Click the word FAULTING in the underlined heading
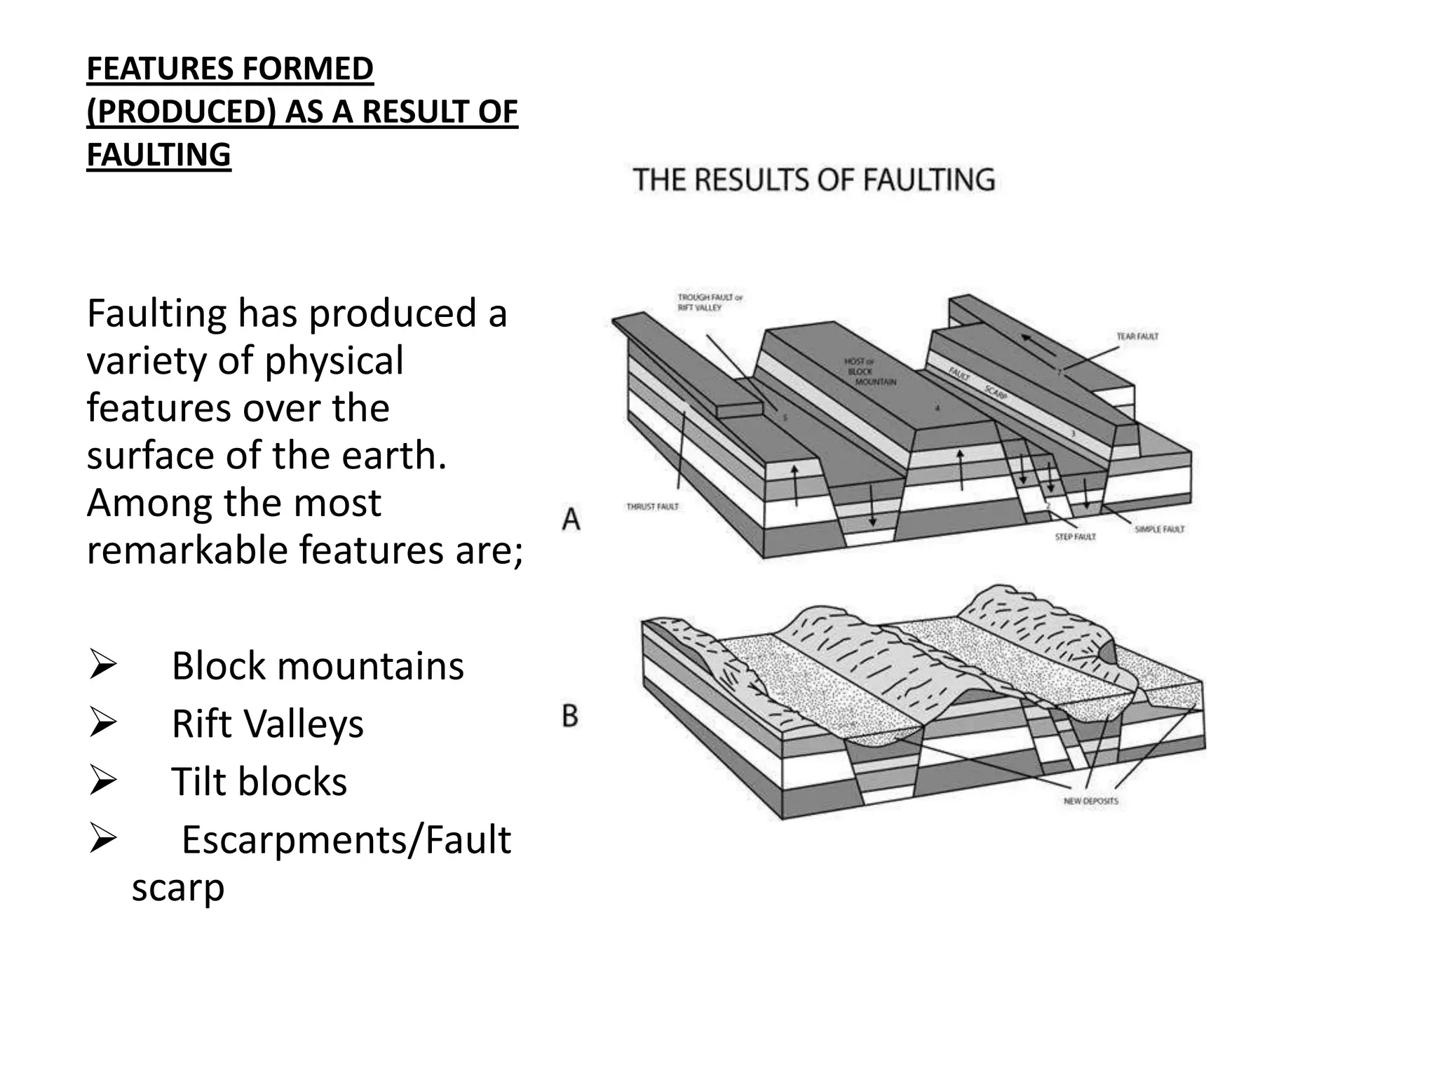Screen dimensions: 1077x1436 (x=158, y=155)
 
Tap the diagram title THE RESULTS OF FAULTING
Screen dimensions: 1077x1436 (x=813, y=179)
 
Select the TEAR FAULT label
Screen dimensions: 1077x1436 (x=1137, y=337)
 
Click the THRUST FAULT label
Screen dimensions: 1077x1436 (x=652, y=506)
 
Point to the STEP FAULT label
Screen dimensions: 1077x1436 (x=1075, y=536)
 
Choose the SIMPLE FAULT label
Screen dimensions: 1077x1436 (x=1159, y=529)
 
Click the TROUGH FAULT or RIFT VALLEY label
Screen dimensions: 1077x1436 (x=709, y=302)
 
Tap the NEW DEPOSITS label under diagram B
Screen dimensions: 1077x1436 (x=1090, y=801)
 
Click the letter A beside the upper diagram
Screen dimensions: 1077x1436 (x=571, y=520)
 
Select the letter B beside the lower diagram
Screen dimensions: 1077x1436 (x=570, y=716)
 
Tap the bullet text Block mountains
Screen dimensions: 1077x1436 (x=317, y=665)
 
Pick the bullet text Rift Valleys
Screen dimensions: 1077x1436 (x=267, y=724)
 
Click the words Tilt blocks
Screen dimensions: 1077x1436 (x=259, y=781)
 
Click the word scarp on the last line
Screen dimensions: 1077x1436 (x=178, y=888)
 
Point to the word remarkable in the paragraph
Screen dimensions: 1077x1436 (x=187, y=550)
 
